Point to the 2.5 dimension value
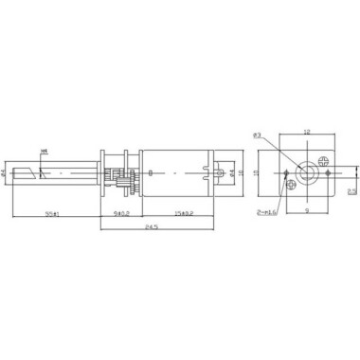(351, 190)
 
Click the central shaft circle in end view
(307, 174)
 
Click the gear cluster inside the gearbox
(120, 175)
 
